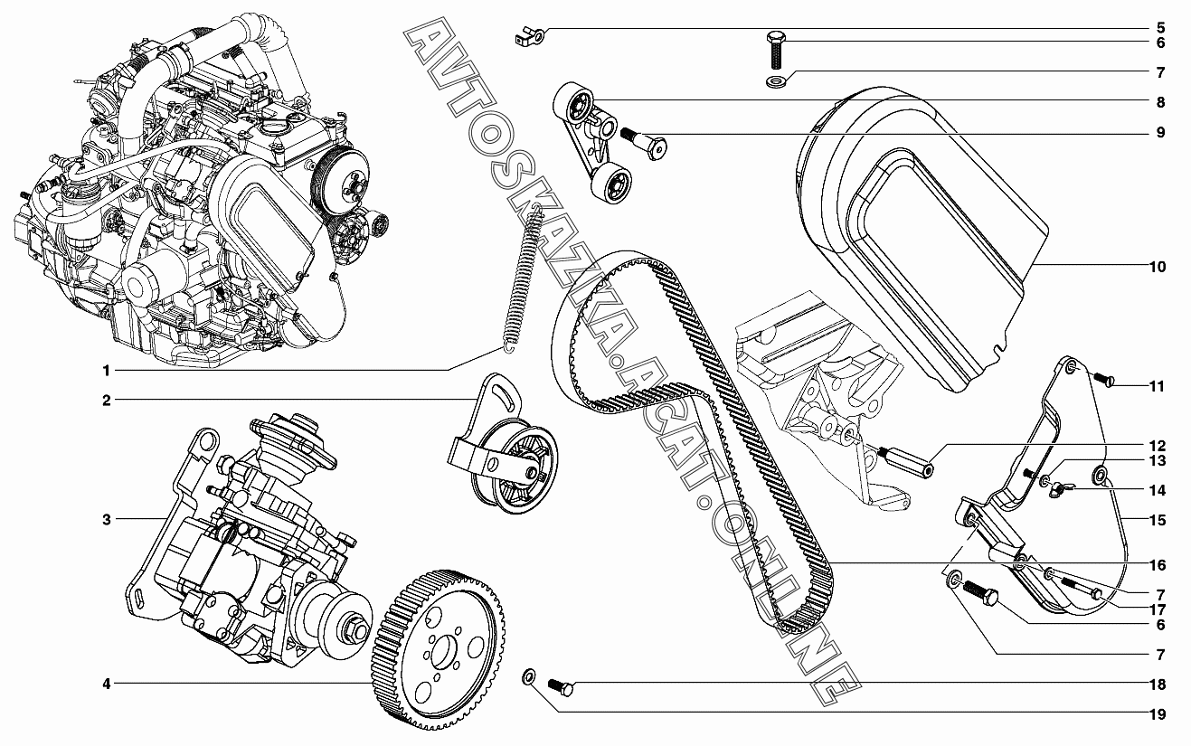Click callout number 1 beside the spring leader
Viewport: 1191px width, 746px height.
tap(107, 371)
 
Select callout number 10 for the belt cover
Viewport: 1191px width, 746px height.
tap(1158, 267)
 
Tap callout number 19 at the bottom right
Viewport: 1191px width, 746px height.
tap(1158, 714)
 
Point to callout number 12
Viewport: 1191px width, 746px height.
tap(1158, 446)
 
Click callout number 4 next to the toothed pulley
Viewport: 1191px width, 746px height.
tap(107, 684)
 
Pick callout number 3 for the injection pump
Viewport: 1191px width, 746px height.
tap(107, 520)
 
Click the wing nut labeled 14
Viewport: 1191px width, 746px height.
tap(1058, 488)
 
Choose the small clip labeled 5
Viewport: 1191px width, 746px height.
tap(530, 37)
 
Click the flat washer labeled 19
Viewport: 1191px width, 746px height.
tap(529, 677)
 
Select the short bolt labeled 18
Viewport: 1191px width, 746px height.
tap(561, 686)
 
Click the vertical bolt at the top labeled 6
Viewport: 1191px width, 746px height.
tap(777, 50)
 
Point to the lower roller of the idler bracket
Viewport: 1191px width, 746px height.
tap(611, 184)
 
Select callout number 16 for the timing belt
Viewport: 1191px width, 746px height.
tap(1158, 564)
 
